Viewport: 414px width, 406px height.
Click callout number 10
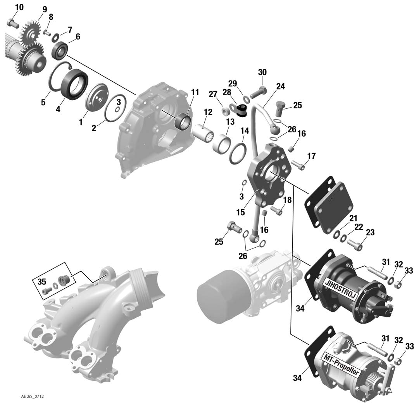(19, 7)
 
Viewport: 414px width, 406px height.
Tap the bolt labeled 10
(13, 23)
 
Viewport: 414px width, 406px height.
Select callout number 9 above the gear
(45, 10)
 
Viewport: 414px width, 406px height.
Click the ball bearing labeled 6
(60, 50)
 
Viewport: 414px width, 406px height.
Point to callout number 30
(262, 72)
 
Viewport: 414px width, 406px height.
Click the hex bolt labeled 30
(258, 91)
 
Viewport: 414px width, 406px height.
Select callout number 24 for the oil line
(280, 86)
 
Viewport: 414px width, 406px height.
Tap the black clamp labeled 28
(241, 110)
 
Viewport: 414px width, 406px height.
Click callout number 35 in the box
(42, 281)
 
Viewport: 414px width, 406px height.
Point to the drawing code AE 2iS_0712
(33, 396)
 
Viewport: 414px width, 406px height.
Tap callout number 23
(370, 232)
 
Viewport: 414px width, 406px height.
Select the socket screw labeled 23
(355, 244)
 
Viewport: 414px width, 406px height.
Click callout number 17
(311, 156)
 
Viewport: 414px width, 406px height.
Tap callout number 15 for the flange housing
(241, 212)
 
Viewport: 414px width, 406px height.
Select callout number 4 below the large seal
(58, 109)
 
